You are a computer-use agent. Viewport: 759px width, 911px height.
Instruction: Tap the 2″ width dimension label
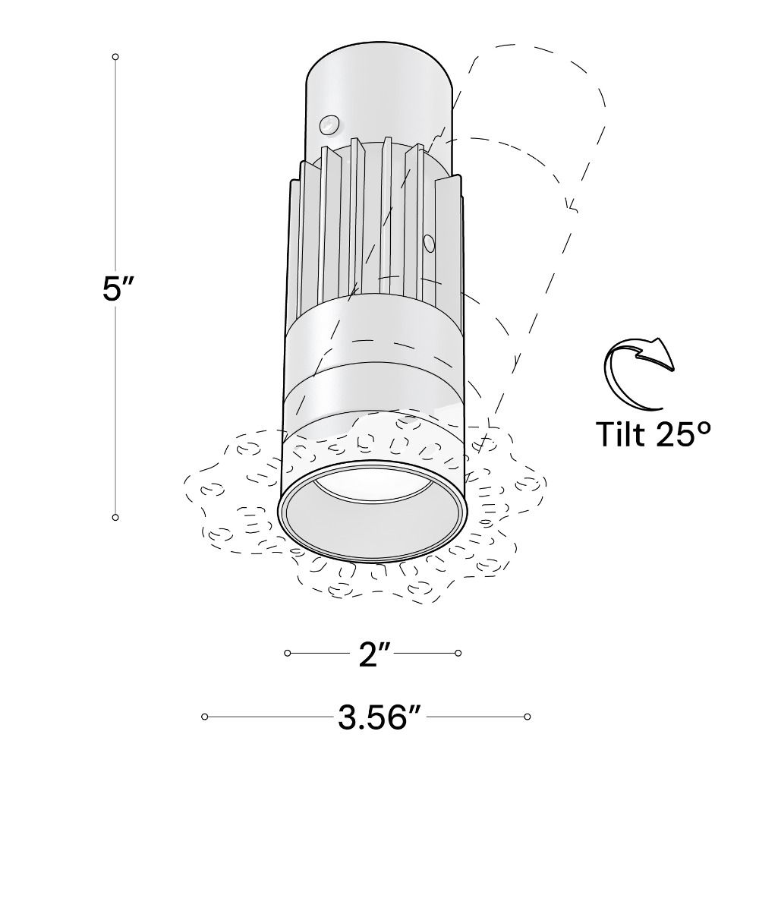click(374, 654)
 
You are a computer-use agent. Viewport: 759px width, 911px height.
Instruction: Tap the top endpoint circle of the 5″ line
click(115, 57)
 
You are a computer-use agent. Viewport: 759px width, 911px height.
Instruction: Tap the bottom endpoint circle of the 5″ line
click(115, 517)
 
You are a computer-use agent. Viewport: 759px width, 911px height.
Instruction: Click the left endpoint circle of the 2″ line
click(288, 653)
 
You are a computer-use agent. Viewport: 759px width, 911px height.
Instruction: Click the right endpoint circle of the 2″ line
click(458, 653)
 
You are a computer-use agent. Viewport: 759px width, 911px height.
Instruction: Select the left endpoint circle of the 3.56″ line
click(205, 717)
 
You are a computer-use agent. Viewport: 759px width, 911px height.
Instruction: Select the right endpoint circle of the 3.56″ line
click(527, 717)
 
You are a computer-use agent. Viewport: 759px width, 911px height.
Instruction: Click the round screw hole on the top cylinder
click(329, 123)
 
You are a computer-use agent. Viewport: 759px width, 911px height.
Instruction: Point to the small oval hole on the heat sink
click(428, 243)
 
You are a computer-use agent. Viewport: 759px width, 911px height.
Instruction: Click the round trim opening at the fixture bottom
click(372, 510)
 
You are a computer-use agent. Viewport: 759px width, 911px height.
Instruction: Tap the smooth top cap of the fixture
click(379, 84)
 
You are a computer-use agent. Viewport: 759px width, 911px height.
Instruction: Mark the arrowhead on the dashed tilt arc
click(570, 205)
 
